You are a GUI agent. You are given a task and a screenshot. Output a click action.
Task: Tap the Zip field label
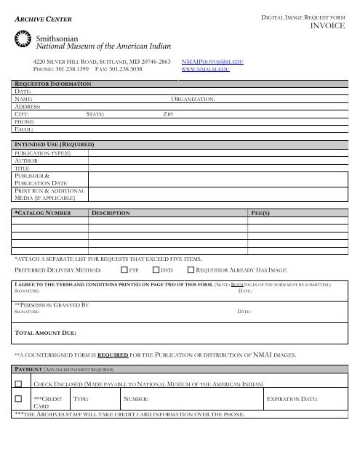pyautogui.click(x=168, y=114)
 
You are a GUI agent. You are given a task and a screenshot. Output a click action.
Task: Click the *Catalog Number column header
pyautogui.click(x=43, y=214)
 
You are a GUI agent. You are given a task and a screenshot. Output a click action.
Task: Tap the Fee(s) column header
pyautogui.click(x=260, y=214)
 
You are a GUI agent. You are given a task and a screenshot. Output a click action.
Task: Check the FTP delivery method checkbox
pyautogui.click(x=124, y=270)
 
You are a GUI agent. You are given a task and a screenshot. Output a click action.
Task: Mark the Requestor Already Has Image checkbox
pyautogui.click(x=191, y=270)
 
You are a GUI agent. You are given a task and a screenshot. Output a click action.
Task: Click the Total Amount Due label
pyautogui.click(x=46, y=333)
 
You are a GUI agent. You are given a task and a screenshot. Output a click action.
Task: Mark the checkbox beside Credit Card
pyautogui.click(x=19, y=399)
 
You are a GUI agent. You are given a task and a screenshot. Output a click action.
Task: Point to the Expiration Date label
pyautogui.click(x=292, y=400)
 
